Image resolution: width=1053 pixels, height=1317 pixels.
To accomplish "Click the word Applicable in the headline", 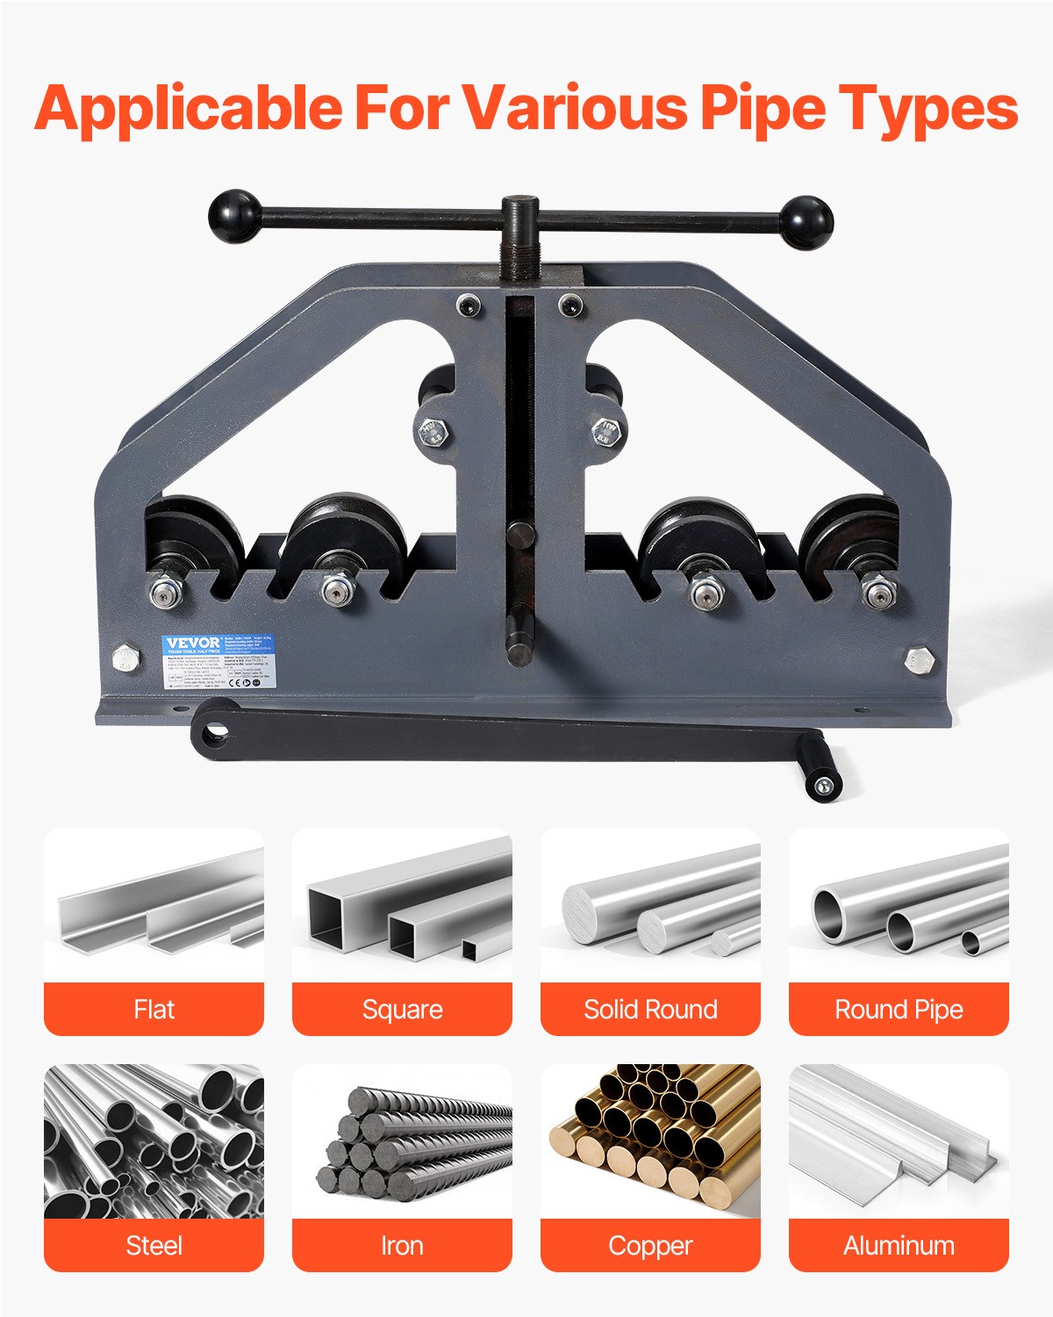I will [189, 108].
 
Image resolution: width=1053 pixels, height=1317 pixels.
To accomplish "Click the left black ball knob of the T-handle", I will [234, 214].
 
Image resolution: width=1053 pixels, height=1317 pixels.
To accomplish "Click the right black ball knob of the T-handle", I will [806, 221].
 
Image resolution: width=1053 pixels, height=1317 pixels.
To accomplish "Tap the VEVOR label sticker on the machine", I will [218, 660].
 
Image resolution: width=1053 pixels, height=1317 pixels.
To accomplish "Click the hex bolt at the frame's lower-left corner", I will [126, 658].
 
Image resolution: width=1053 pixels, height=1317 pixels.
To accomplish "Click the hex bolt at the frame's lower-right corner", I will [919, 660].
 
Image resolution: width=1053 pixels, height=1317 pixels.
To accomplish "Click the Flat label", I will [154, 1010].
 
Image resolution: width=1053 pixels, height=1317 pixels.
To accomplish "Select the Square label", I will [402, 1010].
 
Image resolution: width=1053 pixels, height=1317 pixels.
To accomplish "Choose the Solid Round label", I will [650, 1010].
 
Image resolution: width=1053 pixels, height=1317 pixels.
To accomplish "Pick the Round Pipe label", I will [899, 1010].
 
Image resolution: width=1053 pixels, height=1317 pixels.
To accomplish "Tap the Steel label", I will [154, 1245].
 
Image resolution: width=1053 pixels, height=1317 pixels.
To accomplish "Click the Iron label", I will [402, 1245].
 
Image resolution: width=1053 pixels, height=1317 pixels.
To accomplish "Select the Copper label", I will [650, 1245].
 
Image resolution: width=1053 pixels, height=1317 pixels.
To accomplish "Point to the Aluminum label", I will [899, 1245].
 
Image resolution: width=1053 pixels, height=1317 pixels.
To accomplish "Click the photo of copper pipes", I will [650, 1141].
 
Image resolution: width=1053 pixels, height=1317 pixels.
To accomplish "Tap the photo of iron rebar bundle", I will [402, 1141].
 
